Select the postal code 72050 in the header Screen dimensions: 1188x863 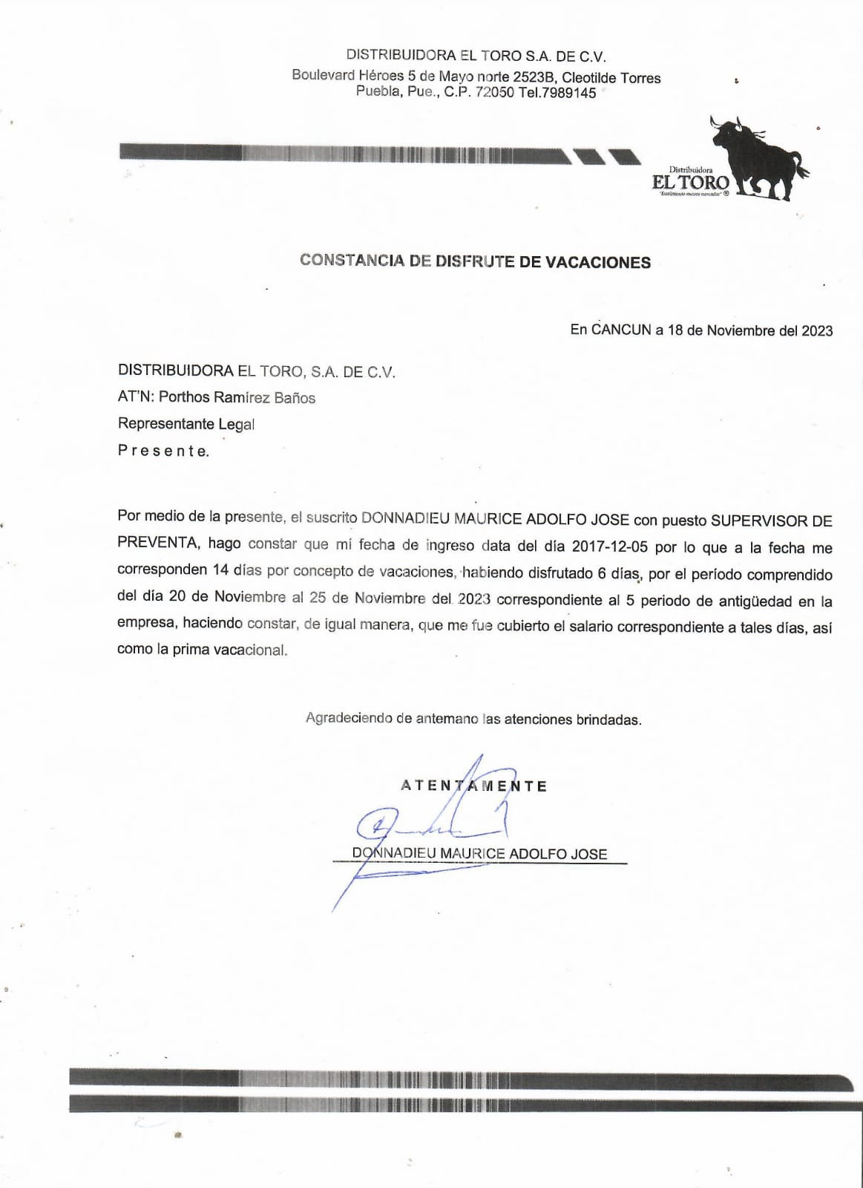[x=494, y=93]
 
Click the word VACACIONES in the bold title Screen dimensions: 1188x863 [x=598, y=262]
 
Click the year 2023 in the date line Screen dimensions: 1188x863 [x=817, y=330]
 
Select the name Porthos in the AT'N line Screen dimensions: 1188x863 [x=184, y=397]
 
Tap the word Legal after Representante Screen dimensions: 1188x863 [x=236, y=424]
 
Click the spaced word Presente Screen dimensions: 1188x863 [x=163, y=451]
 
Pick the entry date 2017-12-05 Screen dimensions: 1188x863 [x=609, y=547]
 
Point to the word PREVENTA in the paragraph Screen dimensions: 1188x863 [x=157, y=543]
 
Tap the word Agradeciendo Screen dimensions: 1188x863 [x=348, y=719]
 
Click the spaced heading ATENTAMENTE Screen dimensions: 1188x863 [x=473, y=786]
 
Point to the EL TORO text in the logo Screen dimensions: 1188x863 [x=690, y=183]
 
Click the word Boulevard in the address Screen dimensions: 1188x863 [x=323, y=76]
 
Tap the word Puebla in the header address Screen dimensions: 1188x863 [x=378, y=93]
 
